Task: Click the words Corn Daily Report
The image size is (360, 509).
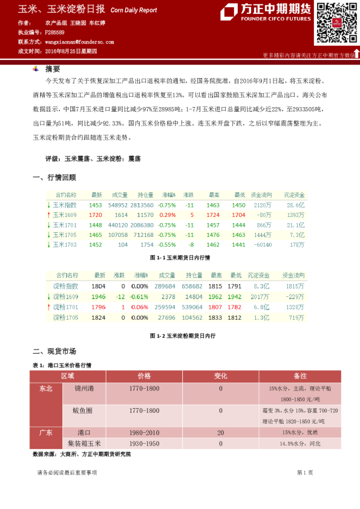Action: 134,10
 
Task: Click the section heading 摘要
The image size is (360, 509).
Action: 53,69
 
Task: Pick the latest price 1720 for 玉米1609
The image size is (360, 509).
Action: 96,215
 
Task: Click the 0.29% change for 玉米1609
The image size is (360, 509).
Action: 168,215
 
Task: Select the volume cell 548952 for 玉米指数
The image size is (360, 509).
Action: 117,205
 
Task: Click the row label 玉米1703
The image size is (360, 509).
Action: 65,244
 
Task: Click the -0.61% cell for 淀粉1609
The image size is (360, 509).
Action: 140,297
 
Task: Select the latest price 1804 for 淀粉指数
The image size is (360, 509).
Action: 99,287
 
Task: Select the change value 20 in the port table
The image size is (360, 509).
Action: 220,432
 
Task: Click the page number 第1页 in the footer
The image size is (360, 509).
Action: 304,472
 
